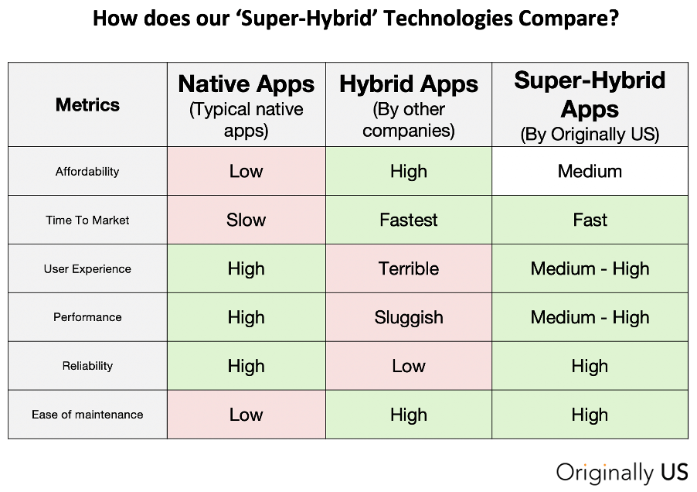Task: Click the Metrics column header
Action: pos(87,105)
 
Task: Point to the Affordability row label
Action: pos(87,172)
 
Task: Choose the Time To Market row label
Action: pos(87,220)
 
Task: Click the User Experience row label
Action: pos(87,269)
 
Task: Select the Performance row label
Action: pos(87,317)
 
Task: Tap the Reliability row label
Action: pos(87,366)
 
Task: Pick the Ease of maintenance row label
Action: pos(87,415)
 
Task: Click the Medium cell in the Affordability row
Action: pos(590,171)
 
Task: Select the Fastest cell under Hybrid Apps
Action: pos(409,220)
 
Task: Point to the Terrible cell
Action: pos(409,268)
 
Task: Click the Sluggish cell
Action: pos(409,318)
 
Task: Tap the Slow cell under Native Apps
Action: pos(246,220)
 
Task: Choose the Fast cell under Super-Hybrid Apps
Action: pos(590,220)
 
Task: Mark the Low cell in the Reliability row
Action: pos(409,366)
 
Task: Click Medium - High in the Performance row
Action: pos(590,318)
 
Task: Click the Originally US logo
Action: pos(622,473)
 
